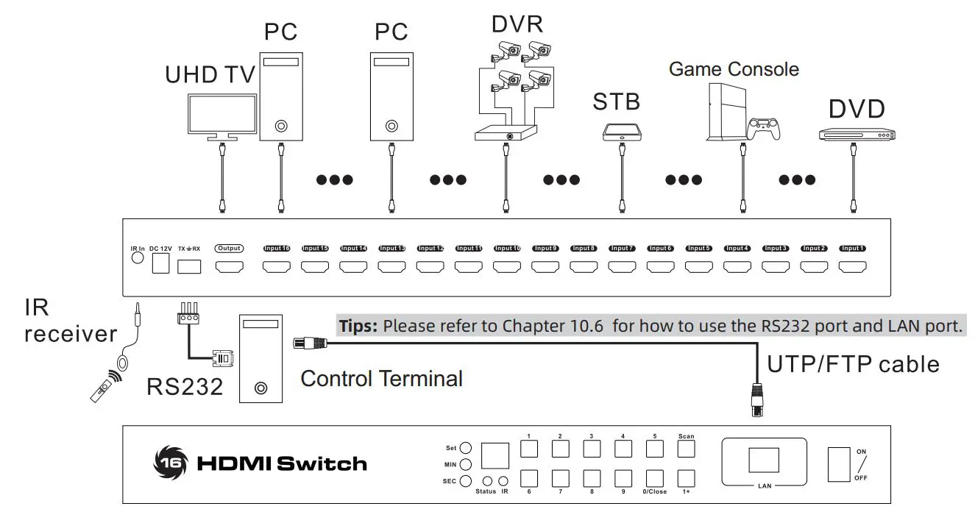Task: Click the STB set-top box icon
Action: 623,132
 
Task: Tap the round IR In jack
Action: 136,258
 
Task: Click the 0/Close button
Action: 654,478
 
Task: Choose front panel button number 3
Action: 591,449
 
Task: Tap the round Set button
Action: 466,447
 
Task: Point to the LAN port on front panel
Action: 763,460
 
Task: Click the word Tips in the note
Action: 358,327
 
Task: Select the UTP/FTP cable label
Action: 853,363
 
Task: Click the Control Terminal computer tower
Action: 260,359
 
